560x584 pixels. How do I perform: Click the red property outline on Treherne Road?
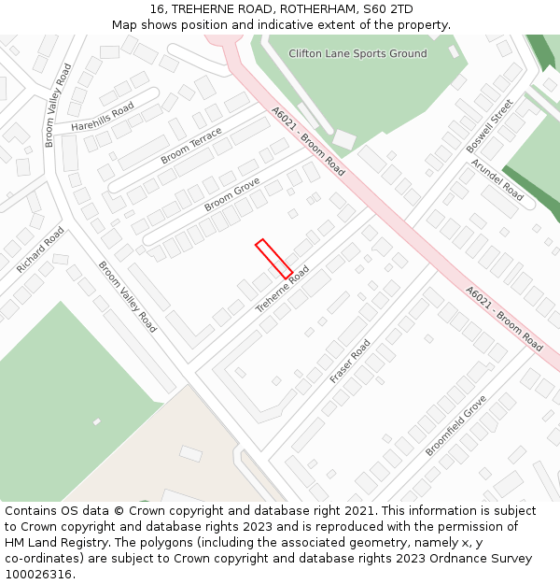(x=274, y=259)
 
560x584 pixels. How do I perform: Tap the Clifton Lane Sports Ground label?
(x=357, y=53)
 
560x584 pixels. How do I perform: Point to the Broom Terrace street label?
(x=191, y=147)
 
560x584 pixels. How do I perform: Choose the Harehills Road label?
(x=103, y=118)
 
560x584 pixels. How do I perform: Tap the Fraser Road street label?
(x=350, y=361)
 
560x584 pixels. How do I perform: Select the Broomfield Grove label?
(x=456, y=426)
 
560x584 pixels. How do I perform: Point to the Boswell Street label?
(x=490, y=126)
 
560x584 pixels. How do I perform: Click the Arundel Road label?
(x=497, y=178)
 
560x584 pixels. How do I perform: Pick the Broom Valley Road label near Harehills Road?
(x=58, y=106)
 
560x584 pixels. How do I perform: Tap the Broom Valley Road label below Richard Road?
(x=128, y=296)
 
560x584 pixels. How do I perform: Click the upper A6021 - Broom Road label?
(x=308, y=141)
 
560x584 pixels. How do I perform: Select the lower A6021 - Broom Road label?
(x=504, y=319)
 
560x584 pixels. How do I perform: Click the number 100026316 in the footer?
(x=38, y=575)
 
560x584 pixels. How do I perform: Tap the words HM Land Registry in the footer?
(x=49, y=543)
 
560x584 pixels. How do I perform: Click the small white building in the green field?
(x=96, y=421)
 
